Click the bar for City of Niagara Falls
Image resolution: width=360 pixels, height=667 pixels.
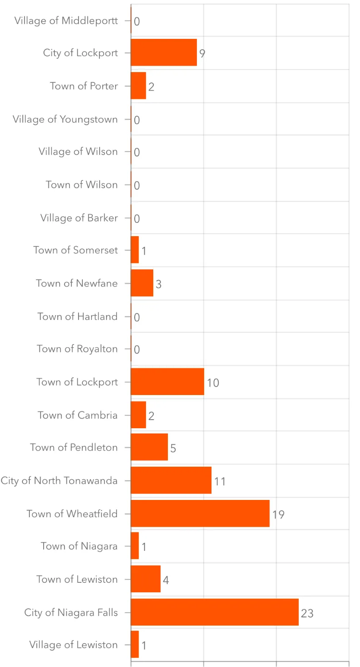(215, 612)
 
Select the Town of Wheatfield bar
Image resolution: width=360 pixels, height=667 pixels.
(200, 513)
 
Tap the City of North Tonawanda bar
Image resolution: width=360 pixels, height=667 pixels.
(171, 480)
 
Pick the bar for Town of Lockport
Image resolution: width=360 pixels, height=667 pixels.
(167, 382)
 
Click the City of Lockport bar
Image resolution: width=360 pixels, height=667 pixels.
(164, 52)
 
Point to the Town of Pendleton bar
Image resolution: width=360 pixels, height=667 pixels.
(149, 447)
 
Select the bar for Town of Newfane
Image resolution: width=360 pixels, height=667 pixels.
(142, 283)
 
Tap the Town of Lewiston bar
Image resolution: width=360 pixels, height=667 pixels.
(145, 579)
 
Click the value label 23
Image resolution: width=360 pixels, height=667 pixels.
(307, 613)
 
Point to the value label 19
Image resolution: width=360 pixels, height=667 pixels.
(278, 515)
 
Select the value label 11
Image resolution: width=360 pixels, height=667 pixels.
(220, 481)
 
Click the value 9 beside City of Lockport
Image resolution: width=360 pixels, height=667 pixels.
(202, 54)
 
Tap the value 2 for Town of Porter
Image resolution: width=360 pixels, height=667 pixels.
(151, 87)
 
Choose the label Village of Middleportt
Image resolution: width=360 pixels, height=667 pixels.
(66, 21)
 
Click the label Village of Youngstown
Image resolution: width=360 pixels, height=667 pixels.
(65, 120)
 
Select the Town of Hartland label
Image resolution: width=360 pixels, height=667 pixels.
(77, 316)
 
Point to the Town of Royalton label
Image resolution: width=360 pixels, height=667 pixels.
(77, 349)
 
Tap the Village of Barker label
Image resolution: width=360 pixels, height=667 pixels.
(79, 218)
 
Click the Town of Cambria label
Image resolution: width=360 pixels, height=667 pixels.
(77, 415)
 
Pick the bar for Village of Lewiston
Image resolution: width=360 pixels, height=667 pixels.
(135, 644)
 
